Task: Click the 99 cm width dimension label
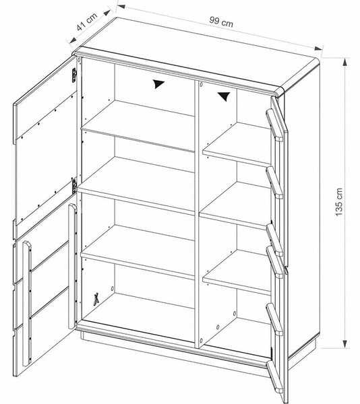click(x=221, y=22)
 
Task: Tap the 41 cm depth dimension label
click(x=87, y=22)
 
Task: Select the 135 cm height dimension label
click(x=339, y=202)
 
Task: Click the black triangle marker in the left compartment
click(x=158, y=83)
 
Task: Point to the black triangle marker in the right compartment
click(x=224, y=96)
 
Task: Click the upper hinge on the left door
click(x=74, y=75)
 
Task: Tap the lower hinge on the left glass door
click(x=74, y=186)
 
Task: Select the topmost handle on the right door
click(x=274, y=125)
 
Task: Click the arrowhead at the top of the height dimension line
click(x=344, y=63)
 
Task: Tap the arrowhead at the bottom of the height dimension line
click(x=344, y=344)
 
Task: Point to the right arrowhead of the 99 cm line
click(x=318, y=48)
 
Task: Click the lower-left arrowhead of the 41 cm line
click(x=73, y=40)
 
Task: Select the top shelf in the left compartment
click(x=138, y=127)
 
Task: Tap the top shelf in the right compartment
click(x=237, y=145)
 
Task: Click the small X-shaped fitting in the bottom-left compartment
click(x=96, y=300)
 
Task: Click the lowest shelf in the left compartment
click(x=138, y=252)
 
